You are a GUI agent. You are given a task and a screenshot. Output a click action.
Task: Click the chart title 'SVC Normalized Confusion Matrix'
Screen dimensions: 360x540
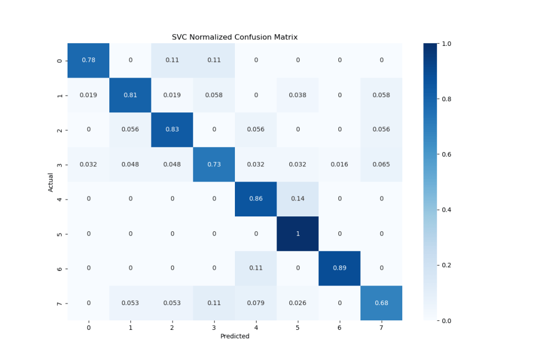(234, 37)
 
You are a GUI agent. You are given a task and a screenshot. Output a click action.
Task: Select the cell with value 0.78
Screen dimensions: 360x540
(88, 60)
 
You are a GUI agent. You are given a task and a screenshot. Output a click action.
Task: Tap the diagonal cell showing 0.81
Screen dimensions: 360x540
(130, 95)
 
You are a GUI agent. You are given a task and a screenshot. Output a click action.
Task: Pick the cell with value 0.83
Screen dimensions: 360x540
(172, 129)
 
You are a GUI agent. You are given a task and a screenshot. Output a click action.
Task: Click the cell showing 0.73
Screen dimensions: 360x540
(214, 164)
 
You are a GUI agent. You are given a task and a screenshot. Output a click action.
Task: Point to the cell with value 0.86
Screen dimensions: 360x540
(255, 198)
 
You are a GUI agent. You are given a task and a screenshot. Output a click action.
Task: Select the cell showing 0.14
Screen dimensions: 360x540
(298, 198)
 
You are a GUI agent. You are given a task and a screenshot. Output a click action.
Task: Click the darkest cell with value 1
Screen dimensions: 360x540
(298, 233)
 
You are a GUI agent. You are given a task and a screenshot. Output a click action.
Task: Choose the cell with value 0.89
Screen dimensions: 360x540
(339, 268)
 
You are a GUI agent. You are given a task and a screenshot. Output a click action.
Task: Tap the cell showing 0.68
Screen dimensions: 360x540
(381, 303)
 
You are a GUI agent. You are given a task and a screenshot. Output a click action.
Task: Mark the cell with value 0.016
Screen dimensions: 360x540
(339, 164)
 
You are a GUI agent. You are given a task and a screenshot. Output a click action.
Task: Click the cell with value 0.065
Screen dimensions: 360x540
(381, 164)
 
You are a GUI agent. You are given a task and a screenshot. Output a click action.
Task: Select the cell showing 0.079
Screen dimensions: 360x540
(255, 303)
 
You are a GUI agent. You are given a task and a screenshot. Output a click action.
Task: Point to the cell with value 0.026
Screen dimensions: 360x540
(298, 303)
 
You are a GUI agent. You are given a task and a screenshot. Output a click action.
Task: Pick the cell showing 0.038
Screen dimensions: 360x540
(298, 95)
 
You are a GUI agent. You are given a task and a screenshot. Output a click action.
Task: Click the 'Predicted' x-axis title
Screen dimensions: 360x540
(234, 336)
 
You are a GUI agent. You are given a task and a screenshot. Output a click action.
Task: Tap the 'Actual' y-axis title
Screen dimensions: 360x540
(51, 182)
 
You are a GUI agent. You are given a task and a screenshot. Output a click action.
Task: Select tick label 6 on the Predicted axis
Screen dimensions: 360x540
(339, 328)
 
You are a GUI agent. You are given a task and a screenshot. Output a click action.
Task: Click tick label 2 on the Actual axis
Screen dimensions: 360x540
(60, 130)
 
